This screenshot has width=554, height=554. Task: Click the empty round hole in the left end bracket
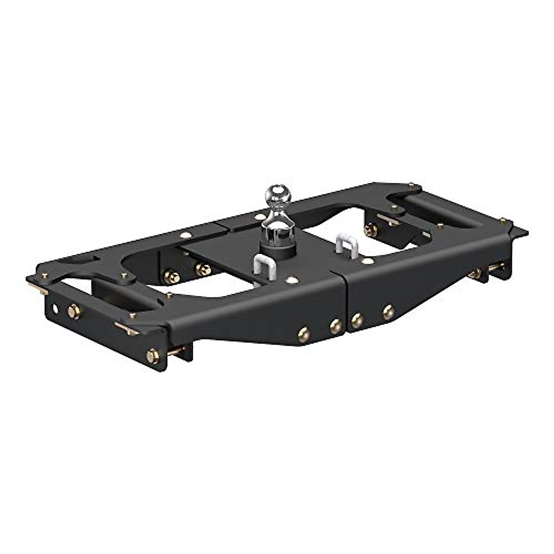pos(56,308)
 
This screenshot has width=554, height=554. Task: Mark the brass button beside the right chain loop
pos(367,261)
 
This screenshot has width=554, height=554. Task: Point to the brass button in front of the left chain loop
pos(291,280)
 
